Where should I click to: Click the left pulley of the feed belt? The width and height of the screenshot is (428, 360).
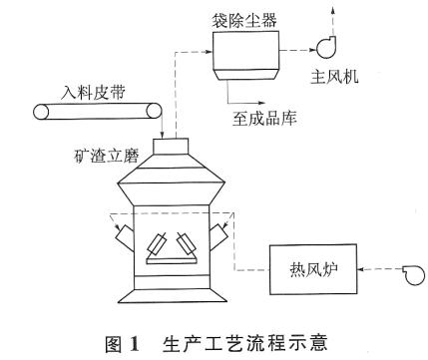(42, 113)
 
